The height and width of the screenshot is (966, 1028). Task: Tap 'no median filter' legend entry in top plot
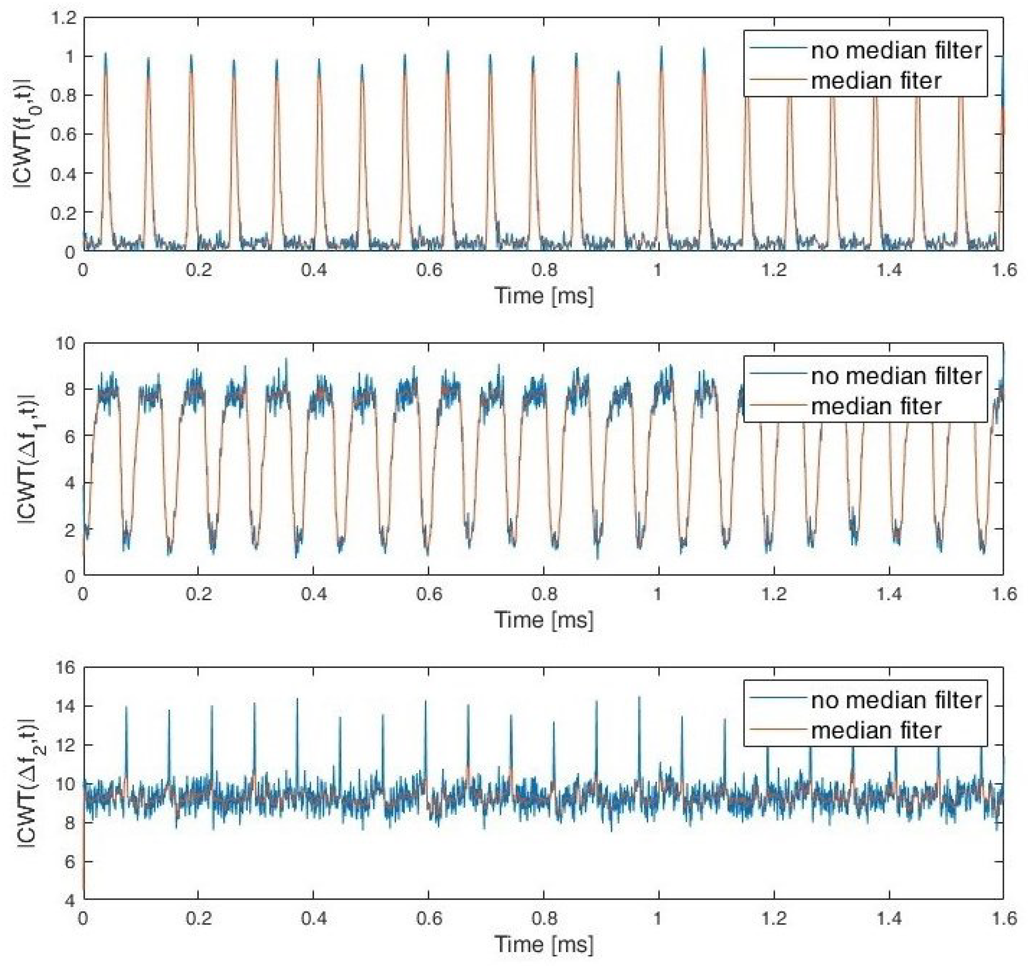click(896, 51)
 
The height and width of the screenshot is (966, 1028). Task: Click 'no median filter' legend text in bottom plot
click(896, 700)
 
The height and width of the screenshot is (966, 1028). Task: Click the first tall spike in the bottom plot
click(126, 707)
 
